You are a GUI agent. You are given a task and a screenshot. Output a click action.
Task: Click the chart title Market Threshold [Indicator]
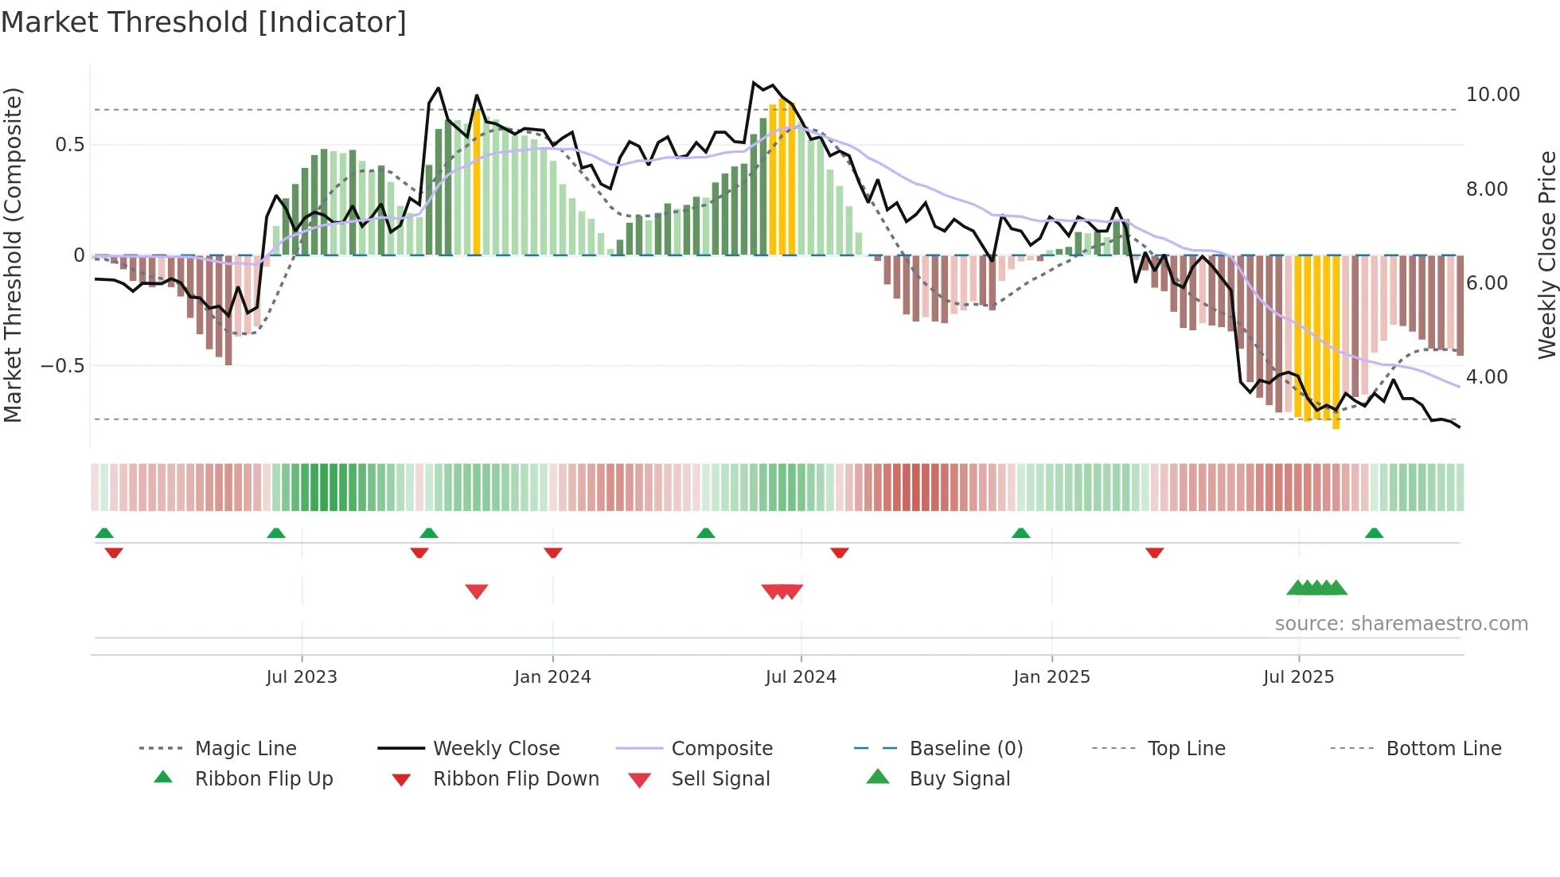point(204,22)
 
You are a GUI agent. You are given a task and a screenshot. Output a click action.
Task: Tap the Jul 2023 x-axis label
point(302,677)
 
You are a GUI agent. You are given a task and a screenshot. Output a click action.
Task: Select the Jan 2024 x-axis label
point(552,677)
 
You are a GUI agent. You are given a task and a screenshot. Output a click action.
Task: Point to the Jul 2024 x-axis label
point(801,677)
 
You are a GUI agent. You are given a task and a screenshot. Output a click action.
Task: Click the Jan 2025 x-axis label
point(1051,677)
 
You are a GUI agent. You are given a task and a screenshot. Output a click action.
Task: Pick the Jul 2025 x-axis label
point(1298,677)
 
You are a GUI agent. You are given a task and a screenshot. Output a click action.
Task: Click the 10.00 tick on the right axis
point(1492,95)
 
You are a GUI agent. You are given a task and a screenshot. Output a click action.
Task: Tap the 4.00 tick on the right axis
point(1486,377)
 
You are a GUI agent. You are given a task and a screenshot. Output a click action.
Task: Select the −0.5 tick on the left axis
point(62,366)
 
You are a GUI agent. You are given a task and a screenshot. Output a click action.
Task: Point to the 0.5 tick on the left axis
point(69,145)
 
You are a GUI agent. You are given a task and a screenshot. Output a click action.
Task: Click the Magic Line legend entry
point(245,749)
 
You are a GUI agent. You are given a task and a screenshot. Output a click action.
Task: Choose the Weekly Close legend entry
point(496,749)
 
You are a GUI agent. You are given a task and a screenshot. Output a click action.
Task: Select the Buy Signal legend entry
point(959,779)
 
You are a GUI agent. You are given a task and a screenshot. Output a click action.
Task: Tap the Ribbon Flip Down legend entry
point(515,779)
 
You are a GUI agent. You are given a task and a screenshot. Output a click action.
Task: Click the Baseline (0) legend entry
point(965,749)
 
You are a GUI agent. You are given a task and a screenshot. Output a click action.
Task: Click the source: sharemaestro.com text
point(1401,624)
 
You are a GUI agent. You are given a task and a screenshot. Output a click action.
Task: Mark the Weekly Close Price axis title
point(1546,255)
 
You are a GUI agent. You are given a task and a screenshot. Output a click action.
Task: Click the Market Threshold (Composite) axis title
point(13,255)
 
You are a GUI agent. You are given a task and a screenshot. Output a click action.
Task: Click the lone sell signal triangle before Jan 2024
point(477,591)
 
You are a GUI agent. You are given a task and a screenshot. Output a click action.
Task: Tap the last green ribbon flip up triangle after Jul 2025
point(1374,533)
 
